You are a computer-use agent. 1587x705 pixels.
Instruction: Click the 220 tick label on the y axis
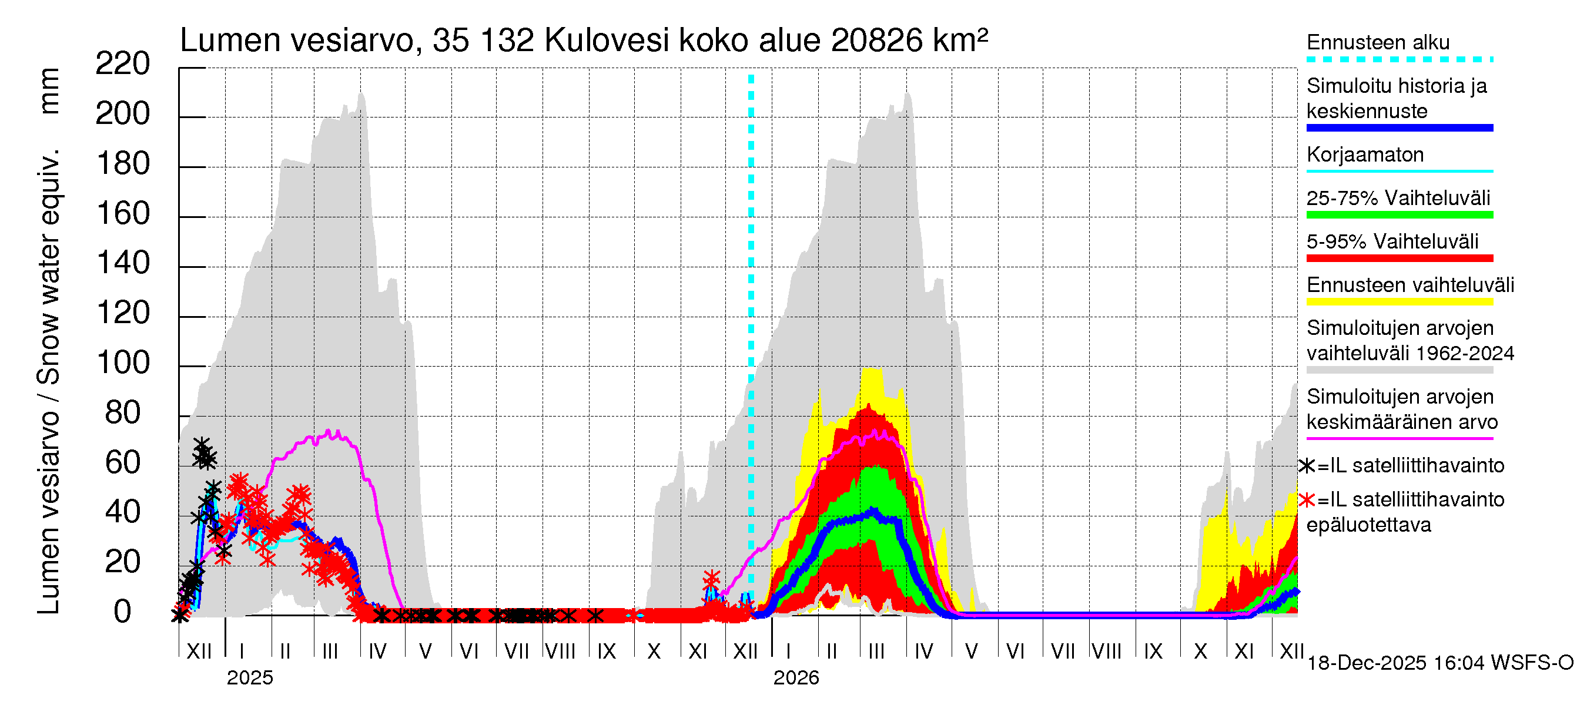click(123, 64)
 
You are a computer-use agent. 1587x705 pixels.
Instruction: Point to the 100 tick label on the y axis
click(123, 362)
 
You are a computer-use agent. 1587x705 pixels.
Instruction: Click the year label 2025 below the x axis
click(249, 678)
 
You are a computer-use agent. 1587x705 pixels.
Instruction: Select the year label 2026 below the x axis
click(796, 678)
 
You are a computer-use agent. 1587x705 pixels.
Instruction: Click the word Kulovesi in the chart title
click(606, 41)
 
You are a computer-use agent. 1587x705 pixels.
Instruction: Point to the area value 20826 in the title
click(876, 41)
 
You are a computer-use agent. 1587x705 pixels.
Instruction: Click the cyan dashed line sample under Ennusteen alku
click(1399, 60)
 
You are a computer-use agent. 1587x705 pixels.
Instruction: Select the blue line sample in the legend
click(1399, 128)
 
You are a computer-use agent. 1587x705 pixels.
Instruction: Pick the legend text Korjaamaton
click(1365, 155)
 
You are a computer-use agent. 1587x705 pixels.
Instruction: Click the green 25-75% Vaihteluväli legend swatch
click(1399, 215)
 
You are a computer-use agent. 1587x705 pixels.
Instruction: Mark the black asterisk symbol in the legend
click(1307, 466)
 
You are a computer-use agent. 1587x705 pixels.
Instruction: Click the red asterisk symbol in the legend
click(1307, 500)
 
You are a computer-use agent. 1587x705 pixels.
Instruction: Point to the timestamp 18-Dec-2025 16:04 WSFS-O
click(1439, 663)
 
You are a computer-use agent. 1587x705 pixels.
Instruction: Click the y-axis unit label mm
click(49, 91)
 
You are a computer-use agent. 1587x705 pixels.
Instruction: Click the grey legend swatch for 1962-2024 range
click(1399, 370)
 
